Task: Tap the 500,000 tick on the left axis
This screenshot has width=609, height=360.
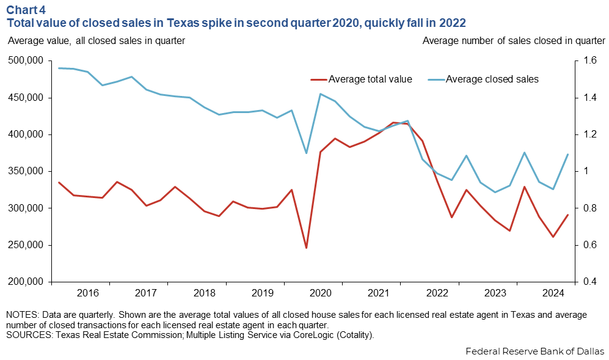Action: tap(25, 61)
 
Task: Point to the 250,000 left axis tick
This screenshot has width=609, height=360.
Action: tap(25, 245)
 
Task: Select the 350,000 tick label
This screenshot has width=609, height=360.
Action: tap(25, 172)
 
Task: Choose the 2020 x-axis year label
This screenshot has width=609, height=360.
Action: tap(320, 293)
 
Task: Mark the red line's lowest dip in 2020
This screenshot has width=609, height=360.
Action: tap(306, 248)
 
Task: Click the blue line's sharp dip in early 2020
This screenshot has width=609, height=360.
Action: tap(306, 153)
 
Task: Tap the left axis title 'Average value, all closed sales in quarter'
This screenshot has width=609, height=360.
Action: tap(96, 41)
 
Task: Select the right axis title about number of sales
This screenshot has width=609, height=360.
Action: tap(513, 41)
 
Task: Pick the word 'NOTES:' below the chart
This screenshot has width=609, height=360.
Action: tap(21, 315)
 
